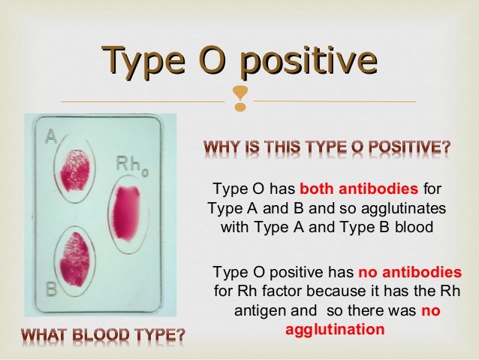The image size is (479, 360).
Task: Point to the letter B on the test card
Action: click(51, 288)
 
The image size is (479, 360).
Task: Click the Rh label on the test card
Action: click(129, 164)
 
